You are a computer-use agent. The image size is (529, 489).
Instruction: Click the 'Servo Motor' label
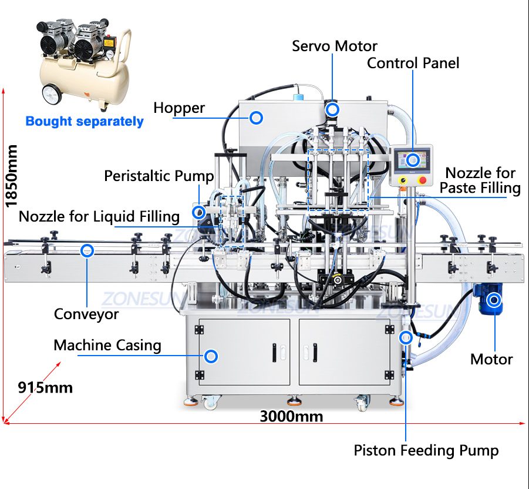click(x=334, y=46)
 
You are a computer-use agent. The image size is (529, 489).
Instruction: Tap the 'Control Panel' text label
click(x=413, y=63)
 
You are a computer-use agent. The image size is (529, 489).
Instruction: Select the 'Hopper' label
click(x=179, y=108)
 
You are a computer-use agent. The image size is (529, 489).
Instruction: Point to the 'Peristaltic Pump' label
click(x=159, y=176)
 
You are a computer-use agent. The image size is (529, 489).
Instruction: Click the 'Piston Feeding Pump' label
click(x=426, y=450)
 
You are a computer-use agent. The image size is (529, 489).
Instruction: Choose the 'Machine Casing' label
click(x=107, y=346)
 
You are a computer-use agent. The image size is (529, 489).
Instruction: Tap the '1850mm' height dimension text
click(x=11, y=176)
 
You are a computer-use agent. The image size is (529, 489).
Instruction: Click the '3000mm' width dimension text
click(x=291, y=416)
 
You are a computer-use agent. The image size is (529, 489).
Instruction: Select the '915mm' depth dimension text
click(x=45, y=387)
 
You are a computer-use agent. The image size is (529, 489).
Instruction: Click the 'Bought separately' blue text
click(x=85, y=121)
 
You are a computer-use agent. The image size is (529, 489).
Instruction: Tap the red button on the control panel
click(x=422, y=180)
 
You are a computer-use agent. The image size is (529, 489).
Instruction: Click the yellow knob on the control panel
click(x=403, y=180)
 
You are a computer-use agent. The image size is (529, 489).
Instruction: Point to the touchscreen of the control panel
click(x=412, y=160)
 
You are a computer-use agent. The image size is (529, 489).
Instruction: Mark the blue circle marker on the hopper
click(x=256, y=118)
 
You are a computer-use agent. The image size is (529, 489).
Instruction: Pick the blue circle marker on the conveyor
click(x=87, y=250)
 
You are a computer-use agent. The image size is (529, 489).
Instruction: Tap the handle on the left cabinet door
click(x=275, y=352)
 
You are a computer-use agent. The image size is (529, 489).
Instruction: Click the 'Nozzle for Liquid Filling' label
click(x=99, y=216)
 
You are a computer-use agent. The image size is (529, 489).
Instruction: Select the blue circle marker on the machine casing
click(x=211, y=356)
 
